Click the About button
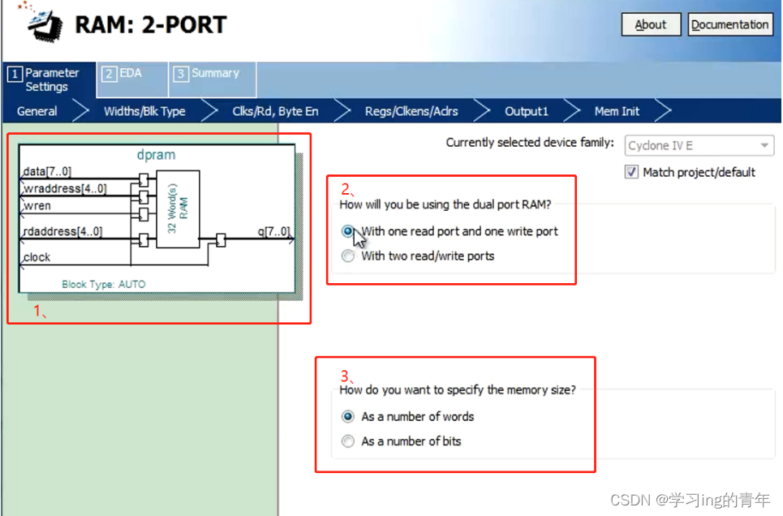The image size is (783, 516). pyautogui.click(x=651, y=24)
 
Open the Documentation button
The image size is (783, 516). pyautogui.click(x=729, y=24)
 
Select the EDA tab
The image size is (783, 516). pyautogui.click(x=131, y=79)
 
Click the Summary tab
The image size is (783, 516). pyautogui.click(x=213, y=79)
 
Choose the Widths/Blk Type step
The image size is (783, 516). pyautogui.click(x=144, y=111)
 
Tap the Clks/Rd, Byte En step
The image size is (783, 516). pyautogui.click(x=275, y=111)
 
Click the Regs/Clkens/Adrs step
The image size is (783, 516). pyautogui.click(x=411, y=111)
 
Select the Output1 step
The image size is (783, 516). pyautogui.click(x=527, y=111)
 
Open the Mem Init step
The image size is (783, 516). pyautogui.click(x=617, y=111)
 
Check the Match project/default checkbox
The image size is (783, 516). pyautogui.click(x=631, y=172)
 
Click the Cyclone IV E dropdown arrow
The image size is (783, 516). pyautogui.click(x=764, y=145)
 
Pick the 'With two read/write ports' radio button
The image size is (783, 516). pyautogui.click(x=348, y=256)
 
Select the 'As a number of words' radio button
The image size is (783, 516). pyautogui.click(x=348, y=416)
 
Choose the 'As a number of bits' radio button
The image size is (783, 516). pyautogui.click(x=348, y=441)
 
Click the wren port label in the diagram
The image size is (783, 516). pyautogui.click(x=37, y=206)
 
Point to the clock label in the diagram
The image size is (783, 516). pyautogui.click(x=37, y=257)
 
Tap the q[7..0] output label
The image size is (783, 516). pyautogui.click(x=273, y=231)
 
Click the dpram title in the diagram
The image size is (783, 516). pyautogui.click(x=157, y=155)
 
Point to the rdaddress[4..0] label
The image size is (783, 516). pyautogui.click(x=63, y=231)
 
